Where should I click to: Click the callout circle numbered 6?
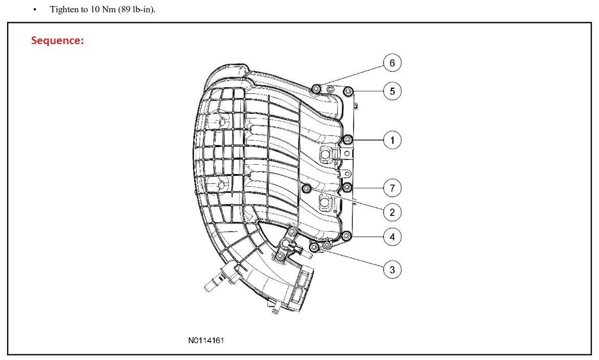(x=393, y=63)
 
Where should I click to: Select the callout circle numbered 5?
(x=393, y=91)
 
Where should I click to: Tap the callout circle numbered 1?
(x=393, y=140)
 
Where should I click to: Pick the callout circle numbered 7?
(x=393, y=188)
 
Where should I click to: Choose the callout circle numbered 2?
(x=393, y=212)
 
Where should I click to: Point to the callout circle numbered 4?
(x=393, y=236)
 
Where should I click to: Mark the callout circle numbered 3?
(x=393, y=269)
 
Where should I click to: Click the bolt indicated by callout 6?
(x=316, y=89)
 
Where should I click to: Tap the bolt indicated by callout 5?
(x=348, y=91)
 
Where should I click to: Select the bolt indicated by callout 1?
(x=347, y=139)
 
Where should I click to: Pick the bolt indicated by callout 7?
(x=347, y=187)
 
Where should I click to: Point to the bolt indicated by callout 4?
(x=346, y=236)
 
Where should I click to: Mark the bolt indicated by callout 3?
(x=315, y=247)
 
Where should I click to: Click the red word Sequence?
(x=57, y=41)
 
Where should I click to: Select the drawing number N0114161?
(x=206, y=340)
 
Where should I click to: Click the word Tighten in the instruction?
(x=64, y=10)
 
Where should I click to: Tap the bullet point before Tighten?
(x=35, y=10)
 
